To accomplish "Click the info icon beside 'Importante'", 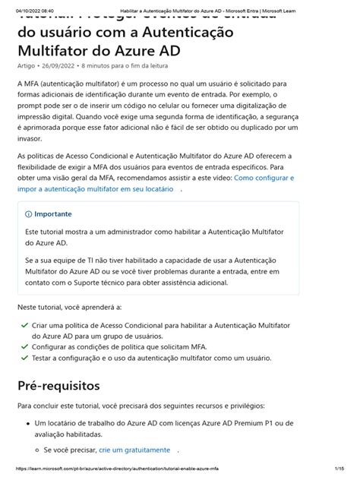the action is tap(29, 214).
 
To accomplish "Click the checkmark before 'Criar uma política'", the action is tap(25, 324).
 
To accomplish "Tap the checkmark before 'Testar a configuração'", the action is tap(25, 357).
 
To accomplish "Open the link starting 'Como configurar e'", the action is tap(264, 178).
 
